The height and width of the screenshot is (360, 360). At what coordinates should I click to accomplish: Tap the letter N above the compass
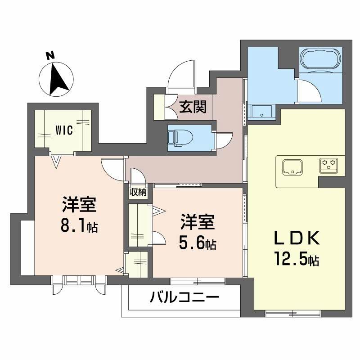tap(50, 56)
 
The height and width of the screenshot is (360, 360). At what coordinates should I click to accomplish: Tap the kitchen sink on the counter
tap(293, 167)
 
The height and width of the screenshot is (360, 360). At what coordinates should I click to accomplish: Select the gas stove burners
tap(328, 165)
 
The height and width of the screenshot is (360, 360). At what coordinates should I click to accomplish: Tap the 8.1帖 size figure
tap(79, 225)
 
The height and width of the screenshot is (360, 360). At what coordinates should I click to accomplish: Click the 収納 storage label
tap(138, 192)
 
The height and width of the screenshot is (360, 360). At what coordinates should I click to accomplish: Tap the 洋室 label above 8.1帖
tap(79, 206)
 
